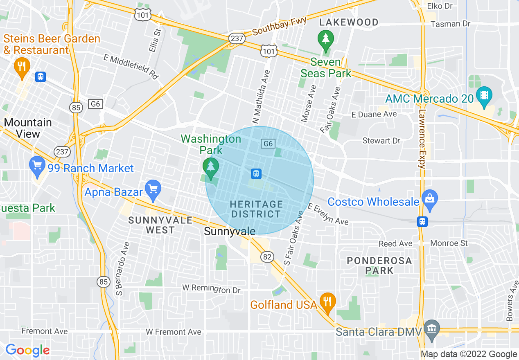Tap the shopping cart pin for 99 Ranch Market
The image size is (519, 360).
point(37,166)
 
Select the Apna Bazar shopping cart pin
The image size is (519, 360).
point(153,190)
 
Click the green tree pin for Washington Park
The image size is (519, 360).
point(211,168)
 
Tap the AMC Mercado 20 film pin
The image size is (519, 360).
point(485,97)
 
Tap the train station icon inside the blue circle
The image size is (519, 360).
point(256,174)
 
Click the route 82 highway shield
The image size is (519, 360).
point(267,256)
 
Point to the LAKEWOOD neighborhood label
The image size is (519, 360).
point(349,22)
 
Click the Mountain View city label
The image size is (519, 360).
point(28,128)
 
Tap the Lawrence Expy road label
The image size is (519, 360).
point(422,139)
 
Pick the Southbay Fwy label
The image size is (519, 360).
point(280,27)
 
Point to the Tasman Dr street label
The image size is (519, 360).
point(451,24)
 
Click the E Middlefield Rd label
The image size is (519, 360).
point(131,66)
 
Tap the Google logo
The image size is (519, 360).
point(27,350)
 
